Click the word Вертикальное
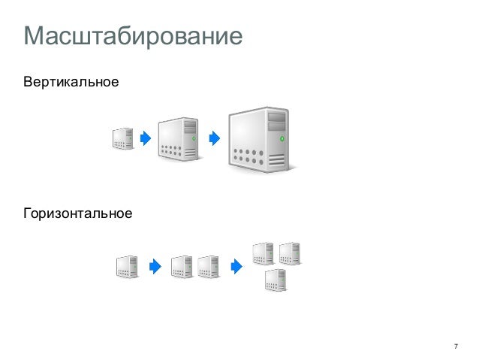(71, 80)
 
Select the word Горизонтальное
(78, 215)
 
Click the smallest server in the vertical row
(123, 138)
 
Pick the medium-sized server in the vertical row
(179, 138)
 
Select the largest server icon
(258, 139)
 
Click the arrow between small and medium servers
(145, 138)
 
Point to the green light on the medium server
(194, 139)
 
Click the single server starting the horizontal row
(127, 267)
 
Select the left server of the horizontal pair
(182, 267)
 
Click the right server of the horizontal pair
(208, 267)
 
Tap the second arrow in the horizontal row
(236, 267)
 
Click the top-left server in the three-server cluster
(263, 253)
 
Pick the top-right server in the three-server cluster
(289, 253)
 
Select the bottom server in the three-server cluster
(276, 280)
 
